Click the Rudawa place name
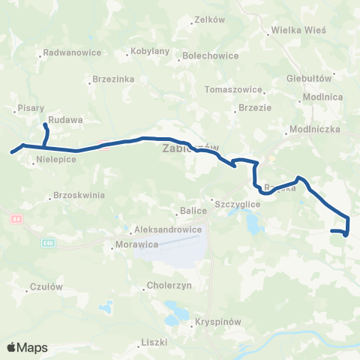tap(65, 119)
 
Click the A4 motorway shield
tap(16, 218)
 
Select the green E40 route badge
tap(49, 244)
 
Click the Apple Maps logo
tap(27, 347)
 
